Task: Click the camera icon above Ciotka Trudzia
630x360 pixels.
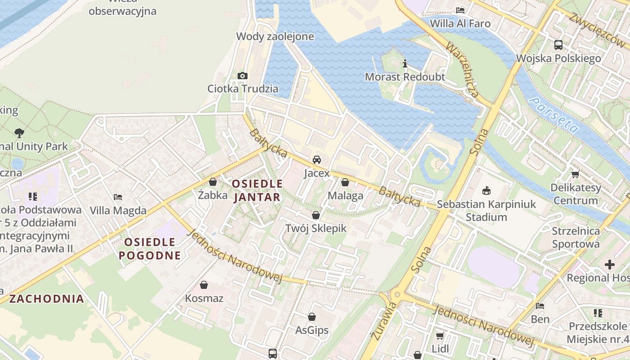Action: click(243, 76)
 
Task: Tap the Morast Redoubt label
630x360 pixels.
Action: click(405, 77)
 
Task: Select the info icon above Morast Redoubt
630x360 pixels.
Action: click(405, 64)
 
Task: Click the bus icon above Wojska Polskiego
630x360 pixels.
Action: click(558, 45)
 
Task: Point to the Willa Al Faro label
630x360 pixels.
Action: click(460, 23)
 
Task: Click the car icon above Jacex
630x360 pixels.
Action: click(317, 160)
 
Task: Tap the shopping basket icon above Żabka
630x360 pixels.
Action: click(213, 182)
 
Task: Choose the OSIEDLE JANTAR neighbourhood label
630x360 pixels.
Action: click(257, 190)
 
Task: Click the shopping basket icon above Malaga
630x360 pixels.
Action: click(345, 182)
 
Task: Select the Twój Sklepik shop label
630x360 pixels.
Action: click(316, 228)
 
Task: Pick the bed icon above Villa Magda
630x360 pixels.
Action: click(118, 197)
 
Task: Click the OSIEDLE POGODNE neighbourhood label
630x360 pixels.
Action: click(150, 249)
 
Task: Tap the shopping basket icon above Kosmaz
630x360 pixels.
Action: click(204, 285)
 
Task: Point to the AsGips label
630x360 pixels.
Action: click(312, 330)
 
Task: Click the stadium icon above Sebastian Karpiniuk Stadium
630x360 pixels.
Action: click(486, 191)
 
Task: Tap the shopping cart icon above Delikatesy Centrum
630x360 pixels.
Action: click(575, 175)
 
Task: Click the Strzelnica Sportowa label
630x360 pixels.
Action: click(576, 238)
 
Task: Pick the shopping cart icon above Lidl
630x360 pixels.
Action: click(440, 336)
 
